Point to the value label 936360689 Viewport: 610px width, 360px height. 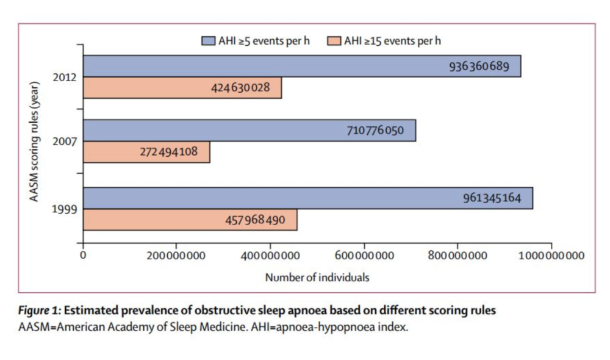pyautogui.click(x=479, y=66)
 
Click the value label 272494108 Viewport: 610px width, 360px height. pyautogui.click(x=169, y=152)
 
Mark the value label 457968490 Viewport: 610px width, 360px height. pyautogui.click(x=256, y=220)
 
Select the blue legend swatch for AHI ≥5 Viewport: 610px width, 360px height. pyautogui.click(x=209, y=41)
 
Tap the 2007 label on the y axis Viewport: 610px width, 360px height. pyautogui.click(x=65, y=142)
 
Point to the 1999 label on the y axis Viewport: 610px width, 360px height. pyautogui.click(x=65, y=209)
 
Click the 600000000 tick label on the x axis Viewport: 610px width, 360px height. pyautogui.click(x=364, y=254)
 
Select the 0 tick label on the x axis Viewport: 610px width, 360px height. pyautogui.click(x=84, y=254)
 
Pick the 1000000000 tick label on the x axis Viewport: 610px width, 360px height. pyautogui.click(x=551, y=254)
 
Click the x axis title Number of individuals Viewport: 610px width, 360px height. pyautogui.click(x=317, y=277)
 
